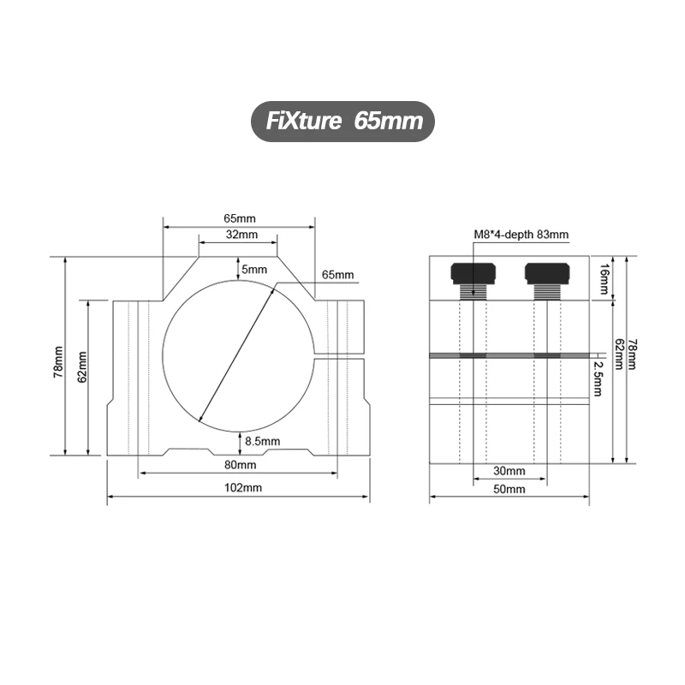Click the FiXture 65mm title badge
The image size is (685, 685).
coord(342,121)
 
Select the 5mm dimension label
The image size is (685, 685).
coord(254,270)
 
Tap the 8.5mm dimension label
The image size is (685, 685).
coord(262,441)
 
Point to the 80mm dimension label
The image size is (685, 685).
coord(240,465)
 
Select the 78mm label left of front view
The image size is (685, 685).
coord(57,363)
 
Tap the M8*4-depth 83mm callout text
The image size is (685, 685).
coord(521,233)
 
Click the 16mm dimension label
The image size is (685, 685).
coord(605,278)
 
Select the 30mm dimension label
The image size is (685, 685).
coord(509,470)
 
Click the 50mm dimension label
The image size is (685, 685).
coord(509,489)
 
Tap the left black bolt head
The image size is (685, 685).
coord(473,273)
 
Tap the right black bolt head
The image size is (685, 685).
coord(546,273)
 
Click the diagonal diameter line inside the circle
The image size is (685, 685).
coord(235,353)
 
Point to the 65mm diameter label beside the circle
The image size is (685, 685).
coord(337,275)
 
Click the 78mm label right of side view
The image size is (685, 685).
coord(633,354)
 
